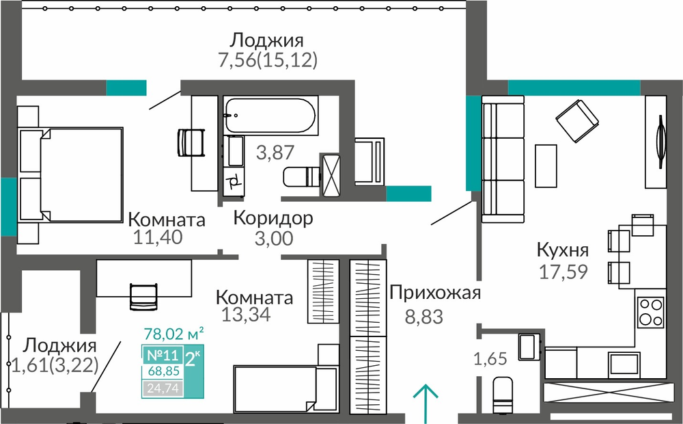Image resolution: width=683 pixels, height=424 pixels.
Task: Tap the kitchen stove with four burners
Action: pyautogui.click(x=651, y=313)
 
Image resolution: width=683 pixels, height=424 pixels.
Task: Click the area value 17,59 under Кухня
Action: pyautogui.click(x=563, y=271)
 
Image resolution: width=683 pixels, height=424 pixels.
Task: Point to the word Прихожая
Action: pyautogui.click(x=434, y=293)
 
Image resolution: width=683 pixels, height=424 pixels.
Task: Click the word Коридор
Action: pyautogui.click(x=273, y=217)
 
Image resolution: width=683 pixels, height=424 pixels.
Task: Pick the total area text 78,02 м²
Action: pyautogui.click(x=173, y=334)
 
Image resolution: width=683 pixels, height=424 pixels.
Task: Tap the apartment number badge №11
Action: pyautogui.click(x=163, y=355)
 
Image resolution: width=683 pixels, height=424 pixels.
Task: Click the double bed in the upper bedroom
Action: pyautogui.click(x=71, y=175)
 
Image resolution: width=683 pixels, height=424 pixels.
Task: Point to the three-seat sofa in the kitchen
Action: pyautogui.click(x=503, y=159)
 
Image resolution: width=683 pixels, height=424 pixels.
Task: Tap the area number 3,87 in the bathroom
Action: pyautogui.click(x=275, y=153)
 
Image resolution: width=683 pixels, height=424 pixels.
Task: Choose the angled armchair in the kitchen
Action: pyautogui.click(x=577, y=121)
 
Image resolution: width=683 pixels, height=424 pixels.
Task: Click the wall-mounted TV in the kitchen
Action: pyautogui.click(x=661, y=142)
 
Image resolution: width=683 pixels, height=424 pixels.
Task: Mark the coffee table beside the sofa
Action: pyautogui.click(x=546, y=165)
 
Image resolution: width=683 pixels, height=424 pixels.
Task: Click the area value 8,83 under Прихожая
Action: pyautogui.click(x=424, y=317)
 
